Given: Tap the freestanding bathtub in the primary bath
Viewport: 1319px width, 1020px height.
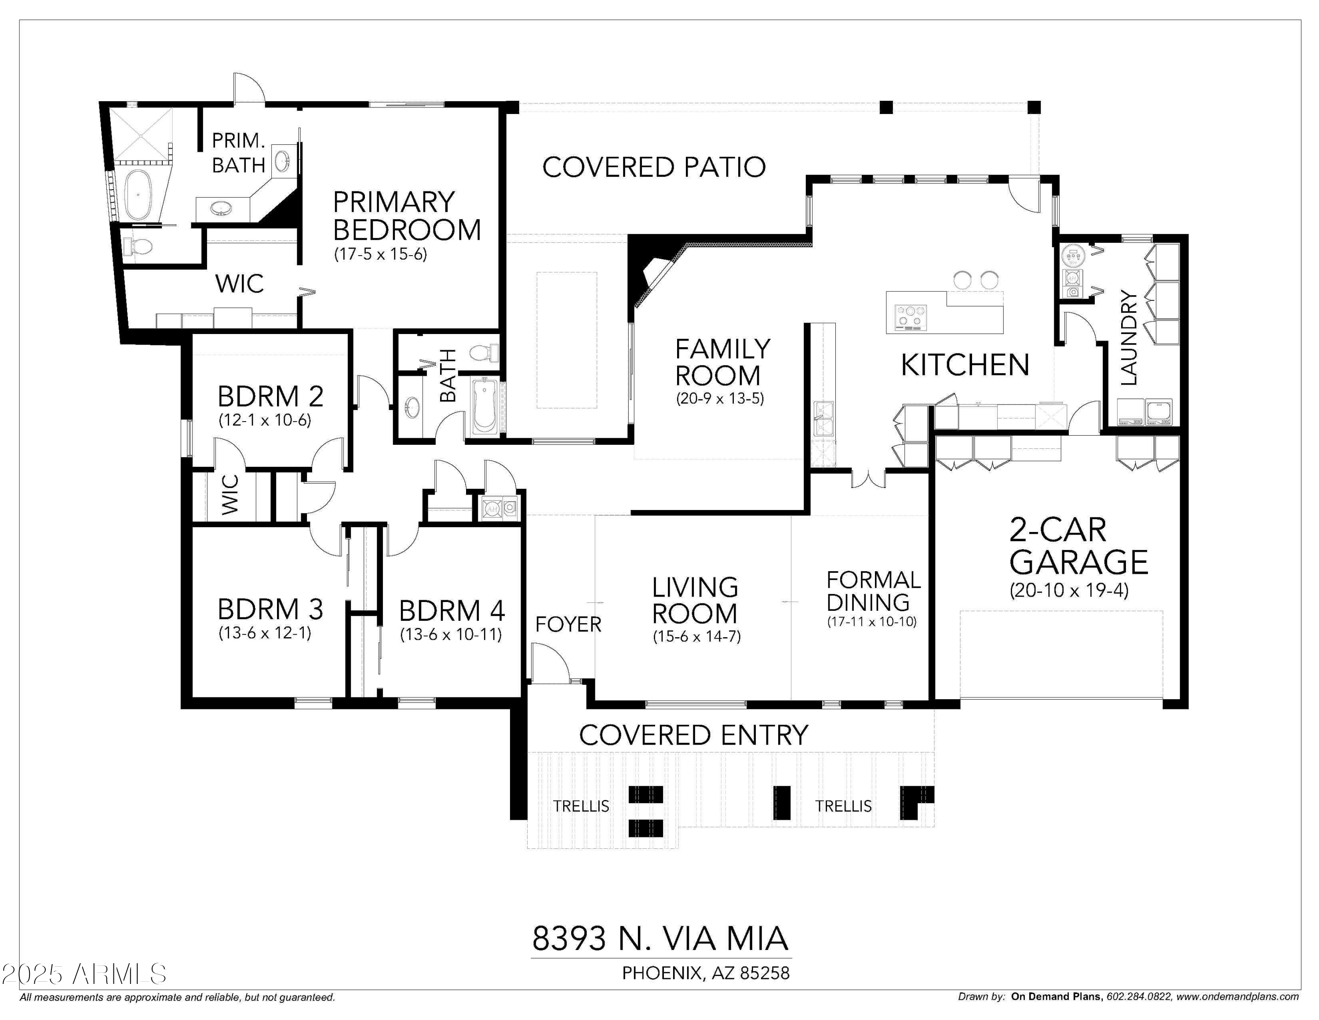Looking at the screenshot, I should pyautogui.click(x=138, y=195).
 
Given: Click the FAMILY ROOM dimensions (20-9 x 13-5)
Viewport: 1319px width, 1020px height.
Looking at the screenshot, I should pyautogui.click(x=719, y=399).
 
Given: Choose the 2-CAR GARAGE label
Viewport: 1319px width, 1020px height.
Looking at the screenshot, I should pyautogui.click(x=1078, y=546).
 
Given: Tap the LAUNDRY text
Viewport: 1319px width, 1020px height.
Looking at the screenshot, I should pyautogui.click(x=1128, y=338).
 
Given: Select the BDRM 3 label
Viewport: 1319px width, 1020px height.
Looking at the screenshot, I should pyautogui.click(x=270, y=609).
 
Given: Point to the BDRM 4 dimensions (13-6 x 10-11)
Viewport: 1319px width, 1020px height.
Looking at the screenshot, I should pyautogui.click(x=451, y=635).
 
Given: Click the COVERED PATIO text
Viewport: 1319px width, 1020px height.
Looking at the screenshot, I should pyautogui.click(x=653, y=167).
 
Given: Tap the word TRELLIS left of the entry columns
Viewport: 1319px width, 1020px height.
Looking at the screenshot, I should pyautogui.click(x=581, y=806).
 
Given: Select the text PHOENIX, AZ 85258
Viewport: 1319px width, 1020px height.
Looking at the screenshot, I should pyautogui.click(x=705, y=973).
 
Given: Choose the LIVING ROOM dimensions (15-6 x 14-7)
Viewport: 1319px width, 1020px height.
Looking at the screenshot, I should pyautogui.click(x=696, y=636).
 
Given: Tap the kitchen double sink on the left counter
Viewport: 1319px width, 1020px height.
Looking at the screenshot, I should pyautogui.click(x=823, y=419).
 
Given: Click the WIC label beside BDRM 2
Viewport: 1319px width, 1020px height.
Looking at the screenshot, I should pyautogui.click(x=230, y=495).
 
